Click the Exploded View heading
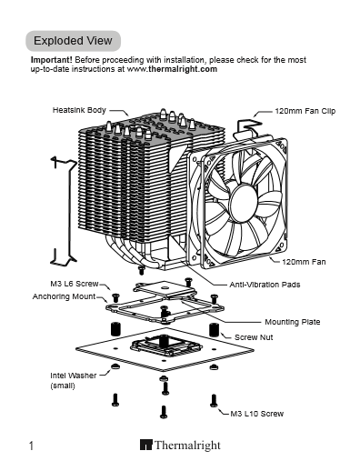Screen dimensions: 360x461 pyautogui.click(x=73, y=41)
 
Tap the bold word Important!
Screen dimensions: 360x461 pyautogui.click(x=52, y=60)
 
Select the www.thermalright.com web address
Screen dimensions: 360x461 pyautogui.click(x=172, y=69)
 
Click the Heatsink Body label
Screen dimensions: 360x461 pyautogui.click(x=79, y=110)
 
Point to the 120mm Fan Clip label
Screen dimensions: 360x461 pyautogui.click(x=305, y=111)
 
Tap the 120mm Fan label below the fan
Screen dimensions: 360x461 pyautogui.click(x=304, y=262)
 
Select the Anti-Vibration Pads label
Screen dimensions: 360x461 pyautogui.click(x=265, y=285)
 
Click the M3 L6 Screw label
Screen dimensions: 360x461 pyautogui.click(x=75, y=284)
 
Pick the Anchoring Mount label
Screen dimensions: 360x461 pyautogui.click(x=64, y=296)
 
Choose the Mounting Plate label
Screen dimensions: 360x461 pyautogui.click(x=293, y=322)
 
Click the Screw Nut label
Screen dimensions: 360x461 pyautogui.click(x=254, y=337)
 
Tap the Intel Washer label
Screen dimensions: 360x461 pyautogui.click(x=74, y=376)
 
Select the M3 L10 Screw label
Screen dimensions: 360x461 pyautogui.click(x=257, y=414)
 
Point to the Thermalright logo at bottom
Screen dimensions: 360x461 pyautogui.click(x=180, y=445)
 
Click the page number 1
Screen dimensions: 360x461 pyautogui.click(x=31, y=446)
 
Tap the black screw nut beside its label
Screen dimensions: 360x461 pyautogui.click(x=214, y=329)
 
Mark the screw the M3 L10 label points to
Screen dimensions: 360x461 pyautogui.click(x=214, y=400)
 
